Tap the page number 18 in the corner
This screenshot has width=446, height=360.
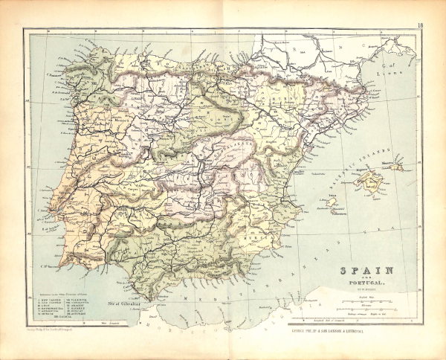point(420,27)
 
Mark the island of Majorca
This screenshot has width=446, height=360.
point(369,179)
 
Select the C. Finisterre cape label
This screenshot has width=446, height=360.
point(54,71)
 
